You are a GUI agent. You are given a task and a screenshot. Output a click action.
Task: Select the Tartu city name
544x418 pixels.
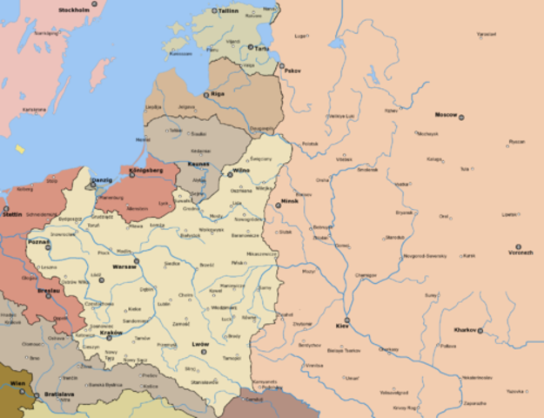pos(261,49)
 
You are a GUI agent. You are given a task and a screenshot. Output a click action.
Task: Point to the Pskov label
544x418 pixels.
pos(292,69)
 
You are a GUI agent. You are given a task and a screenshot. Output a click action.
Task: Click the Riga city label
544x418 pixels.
pos(218,93)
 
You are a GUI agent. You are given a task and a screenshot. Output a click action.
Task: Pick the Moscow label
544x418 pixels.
pos(447,115)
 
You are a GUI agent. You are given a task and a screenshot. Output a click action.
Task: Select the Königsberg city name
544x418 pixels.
pos(145,171)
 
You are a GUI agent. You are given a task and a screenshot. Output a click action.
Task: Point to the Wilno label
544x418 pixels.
pos(240,172)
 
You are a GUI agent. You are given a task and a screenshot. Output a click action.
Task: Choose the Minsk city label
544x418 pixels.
pos(290,202)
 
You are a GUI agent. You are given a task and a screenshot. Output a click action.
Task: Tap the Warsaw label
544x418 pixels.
pos(124,266)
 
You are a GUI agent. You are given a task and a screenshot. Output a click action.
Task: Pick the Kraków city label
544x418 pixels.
pos(111,333)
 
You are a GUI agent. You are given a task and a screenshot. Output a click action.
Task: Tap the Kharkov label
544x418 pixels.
pos(466,330)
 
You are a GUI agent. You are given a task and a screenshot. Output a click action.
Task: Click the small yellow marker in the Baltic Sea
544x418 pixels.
pos(20,149)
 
